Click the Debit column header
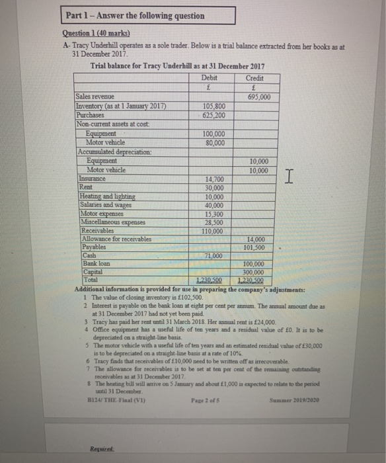pos(212,78)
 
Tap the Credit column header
pos(254,78)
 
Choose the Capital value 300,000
pos(254,272)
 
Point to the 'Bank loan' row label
pos(93,264)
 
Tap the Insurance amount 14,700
pos(213,179)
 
